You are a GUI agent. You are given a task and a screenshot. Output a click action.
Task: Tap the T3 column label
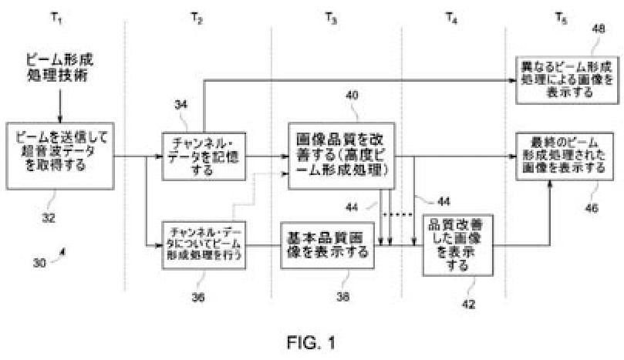[330, 16]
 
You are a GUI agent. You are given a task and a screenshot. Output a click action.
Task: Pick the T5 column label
[561, 16]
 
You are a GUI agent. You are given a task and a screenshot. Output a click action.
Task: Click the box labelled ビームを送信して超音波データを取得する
[59, 154]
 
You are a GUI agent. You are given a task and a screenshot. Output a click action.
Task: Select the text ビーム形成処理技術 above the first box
[59, 68]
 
